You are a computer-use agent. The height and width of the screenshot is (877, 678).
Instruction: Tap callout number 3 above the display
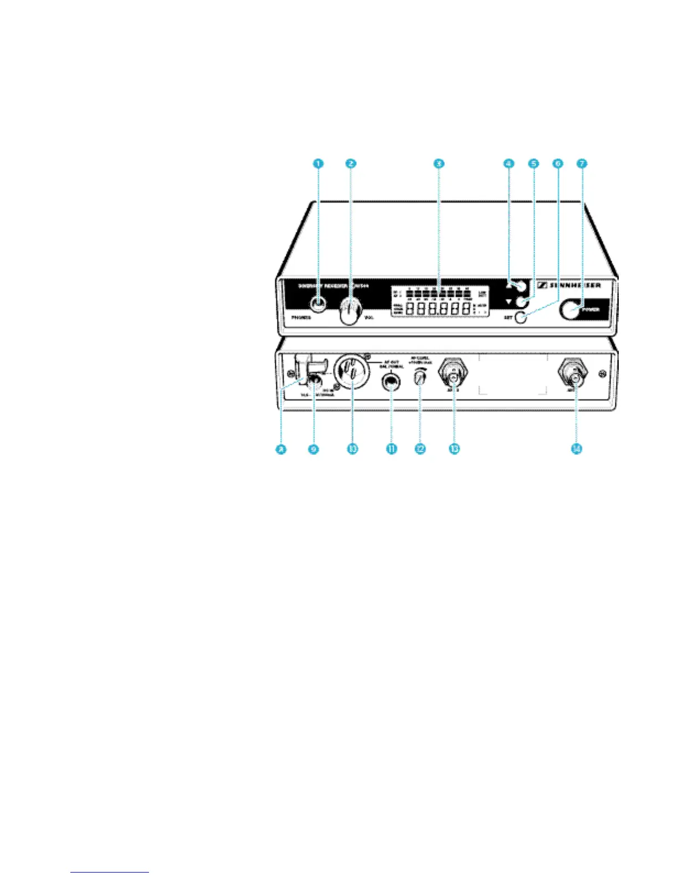(x=438, y=164)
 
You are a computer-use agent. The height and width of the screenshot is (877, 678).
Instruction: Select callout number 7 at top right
(x=581, y=164)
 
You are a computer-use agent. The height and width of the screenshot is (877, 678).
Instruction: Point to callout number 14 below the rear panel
(x=576, y=449)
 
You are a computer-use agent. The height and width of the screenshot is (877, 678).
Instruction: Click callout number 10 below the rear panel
(x=352, y=449)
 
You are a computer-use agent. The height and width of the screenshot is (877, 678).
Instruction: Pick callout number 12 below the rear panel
(x=420, y=449)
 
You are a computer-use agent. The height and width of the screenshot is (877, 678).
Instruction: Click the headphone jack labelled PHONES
(x=318, y=303)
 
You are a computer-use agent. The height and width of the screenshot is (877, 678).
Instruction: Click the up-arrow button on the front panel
(x=522, y=286)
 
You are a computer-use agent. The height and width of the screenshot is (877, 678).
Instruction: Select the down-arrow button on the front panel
(x=521, y=302)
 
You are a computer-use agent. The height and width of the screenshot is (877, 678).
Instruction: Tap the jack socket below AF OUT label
(x=392, y=383)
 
